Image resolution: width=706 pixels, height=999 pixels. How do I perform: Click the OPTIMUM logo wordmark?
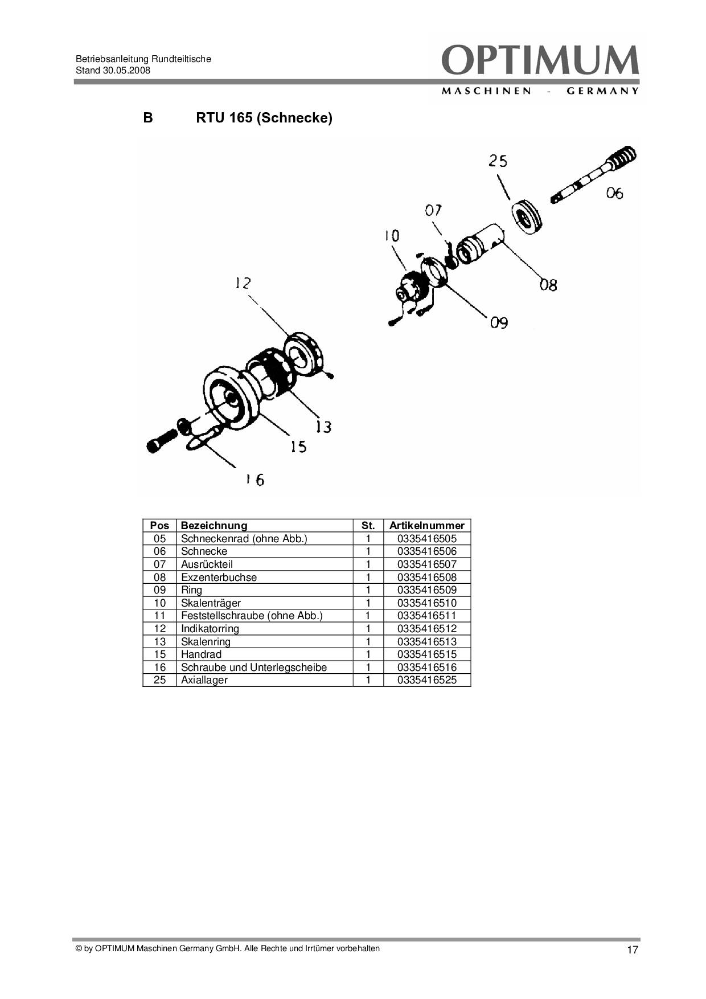coord(540,61)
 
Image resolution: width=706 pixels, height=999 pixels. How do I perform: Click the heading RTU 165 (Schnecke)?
coord(264,118)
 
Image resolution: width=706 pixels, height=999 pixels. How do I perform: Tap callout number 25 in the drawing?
coord(498,161)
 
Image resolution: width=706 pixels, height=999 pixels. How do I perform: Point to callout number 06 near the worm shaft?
coord(614,194)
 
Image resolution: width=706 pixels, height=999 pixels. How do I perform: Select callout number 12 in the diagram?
coord(243,283)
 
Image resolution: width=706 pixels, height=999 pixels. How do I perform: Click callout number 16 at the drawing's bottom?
coord(255,480)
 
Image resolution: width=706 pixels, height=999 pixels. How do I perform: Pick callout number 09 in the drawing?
coord(499,323)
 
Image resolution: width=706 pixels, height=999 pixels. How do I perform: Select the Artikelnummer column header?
coord(426,526)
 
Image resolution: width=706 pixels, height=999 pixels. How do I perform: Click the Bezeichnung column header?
coord(214,526)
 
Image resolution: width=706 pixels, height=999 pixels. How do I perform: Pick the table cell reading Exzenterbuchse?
coord(219,578)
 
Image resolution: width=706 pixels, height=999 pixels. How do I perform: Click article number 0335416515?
coord(427,654)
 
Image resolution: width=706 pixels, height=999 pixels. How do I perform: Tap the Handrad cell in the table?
coord(201,654)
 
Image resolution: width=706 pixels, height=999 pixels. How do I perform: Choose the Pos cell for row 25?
coord(160,680)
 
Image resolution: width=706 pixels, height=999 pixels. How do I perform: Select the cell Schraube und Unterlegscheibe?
coord(254,668)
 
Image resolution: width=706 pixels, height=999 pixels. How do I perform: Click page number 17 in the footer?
coord(633,950)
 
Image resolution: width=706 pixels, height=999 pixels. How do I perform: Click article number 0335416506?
coord(427,551)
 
